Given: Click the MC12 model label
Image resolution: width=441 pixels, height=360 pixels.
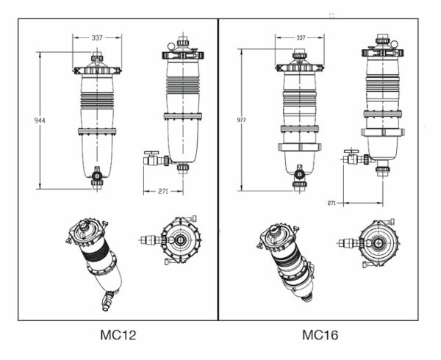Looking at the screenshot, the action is coord(118,335).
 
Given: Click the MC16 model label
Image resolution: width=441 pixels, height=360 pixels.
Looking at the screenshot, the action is coord(320,335).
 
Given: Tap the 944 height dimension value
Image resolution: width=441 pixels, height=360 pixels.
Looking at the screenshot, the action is coord(40,120).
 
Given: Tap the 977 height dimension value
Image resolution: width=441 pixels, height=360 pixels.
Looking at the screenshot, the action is coord(241,120).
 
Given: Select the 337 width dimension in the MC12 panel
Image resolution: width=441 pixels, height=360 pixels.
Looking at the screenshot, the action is coord(97,37).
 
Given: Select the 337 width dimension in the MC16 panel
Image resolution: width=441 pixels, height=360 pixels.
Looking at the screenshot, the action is coord(301,37).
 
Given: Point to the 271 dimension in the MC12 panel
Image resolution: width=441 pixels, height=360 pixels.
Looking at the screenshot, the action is coord(163,191).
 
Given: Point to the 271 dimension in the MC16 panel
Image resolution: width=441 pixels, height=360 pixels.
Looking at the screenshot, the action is coord(331,203).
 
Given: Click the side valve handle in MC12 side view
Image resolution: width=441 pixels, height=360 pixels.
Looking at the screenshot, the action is coord(151,154).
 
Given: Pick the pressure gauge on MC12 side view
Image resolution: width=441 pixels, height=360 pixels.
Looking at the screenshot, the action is coord(171,46).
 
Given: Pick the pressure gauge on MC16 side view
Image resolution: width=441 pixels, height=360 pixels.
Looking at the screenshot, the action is coord(394,44).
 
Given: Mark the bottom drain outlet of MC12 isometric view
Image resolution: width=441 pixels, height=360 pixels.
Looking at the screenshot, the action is coord(107,301).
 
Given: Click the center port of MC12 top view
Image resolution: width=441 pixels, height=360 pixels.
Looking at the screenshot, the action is coord(180,240).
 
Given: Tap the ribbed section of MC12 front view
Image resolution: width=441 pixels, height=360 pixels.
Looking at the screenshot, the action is coord(97,100).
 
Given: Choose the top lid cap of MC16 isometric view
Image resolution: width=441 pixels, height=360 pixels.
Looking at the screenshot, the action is coord(273,230).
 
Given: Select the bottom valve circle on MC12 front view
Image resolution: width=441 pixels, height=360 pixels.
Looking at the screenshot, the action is coord(97,176).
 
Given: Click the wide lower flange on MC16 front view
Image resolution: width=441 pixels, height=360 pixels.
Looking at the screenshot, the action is coord(300,147).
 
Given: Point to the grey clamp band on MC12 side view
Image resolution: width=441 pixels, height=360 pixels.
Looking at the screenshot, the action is coord(183,116).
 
